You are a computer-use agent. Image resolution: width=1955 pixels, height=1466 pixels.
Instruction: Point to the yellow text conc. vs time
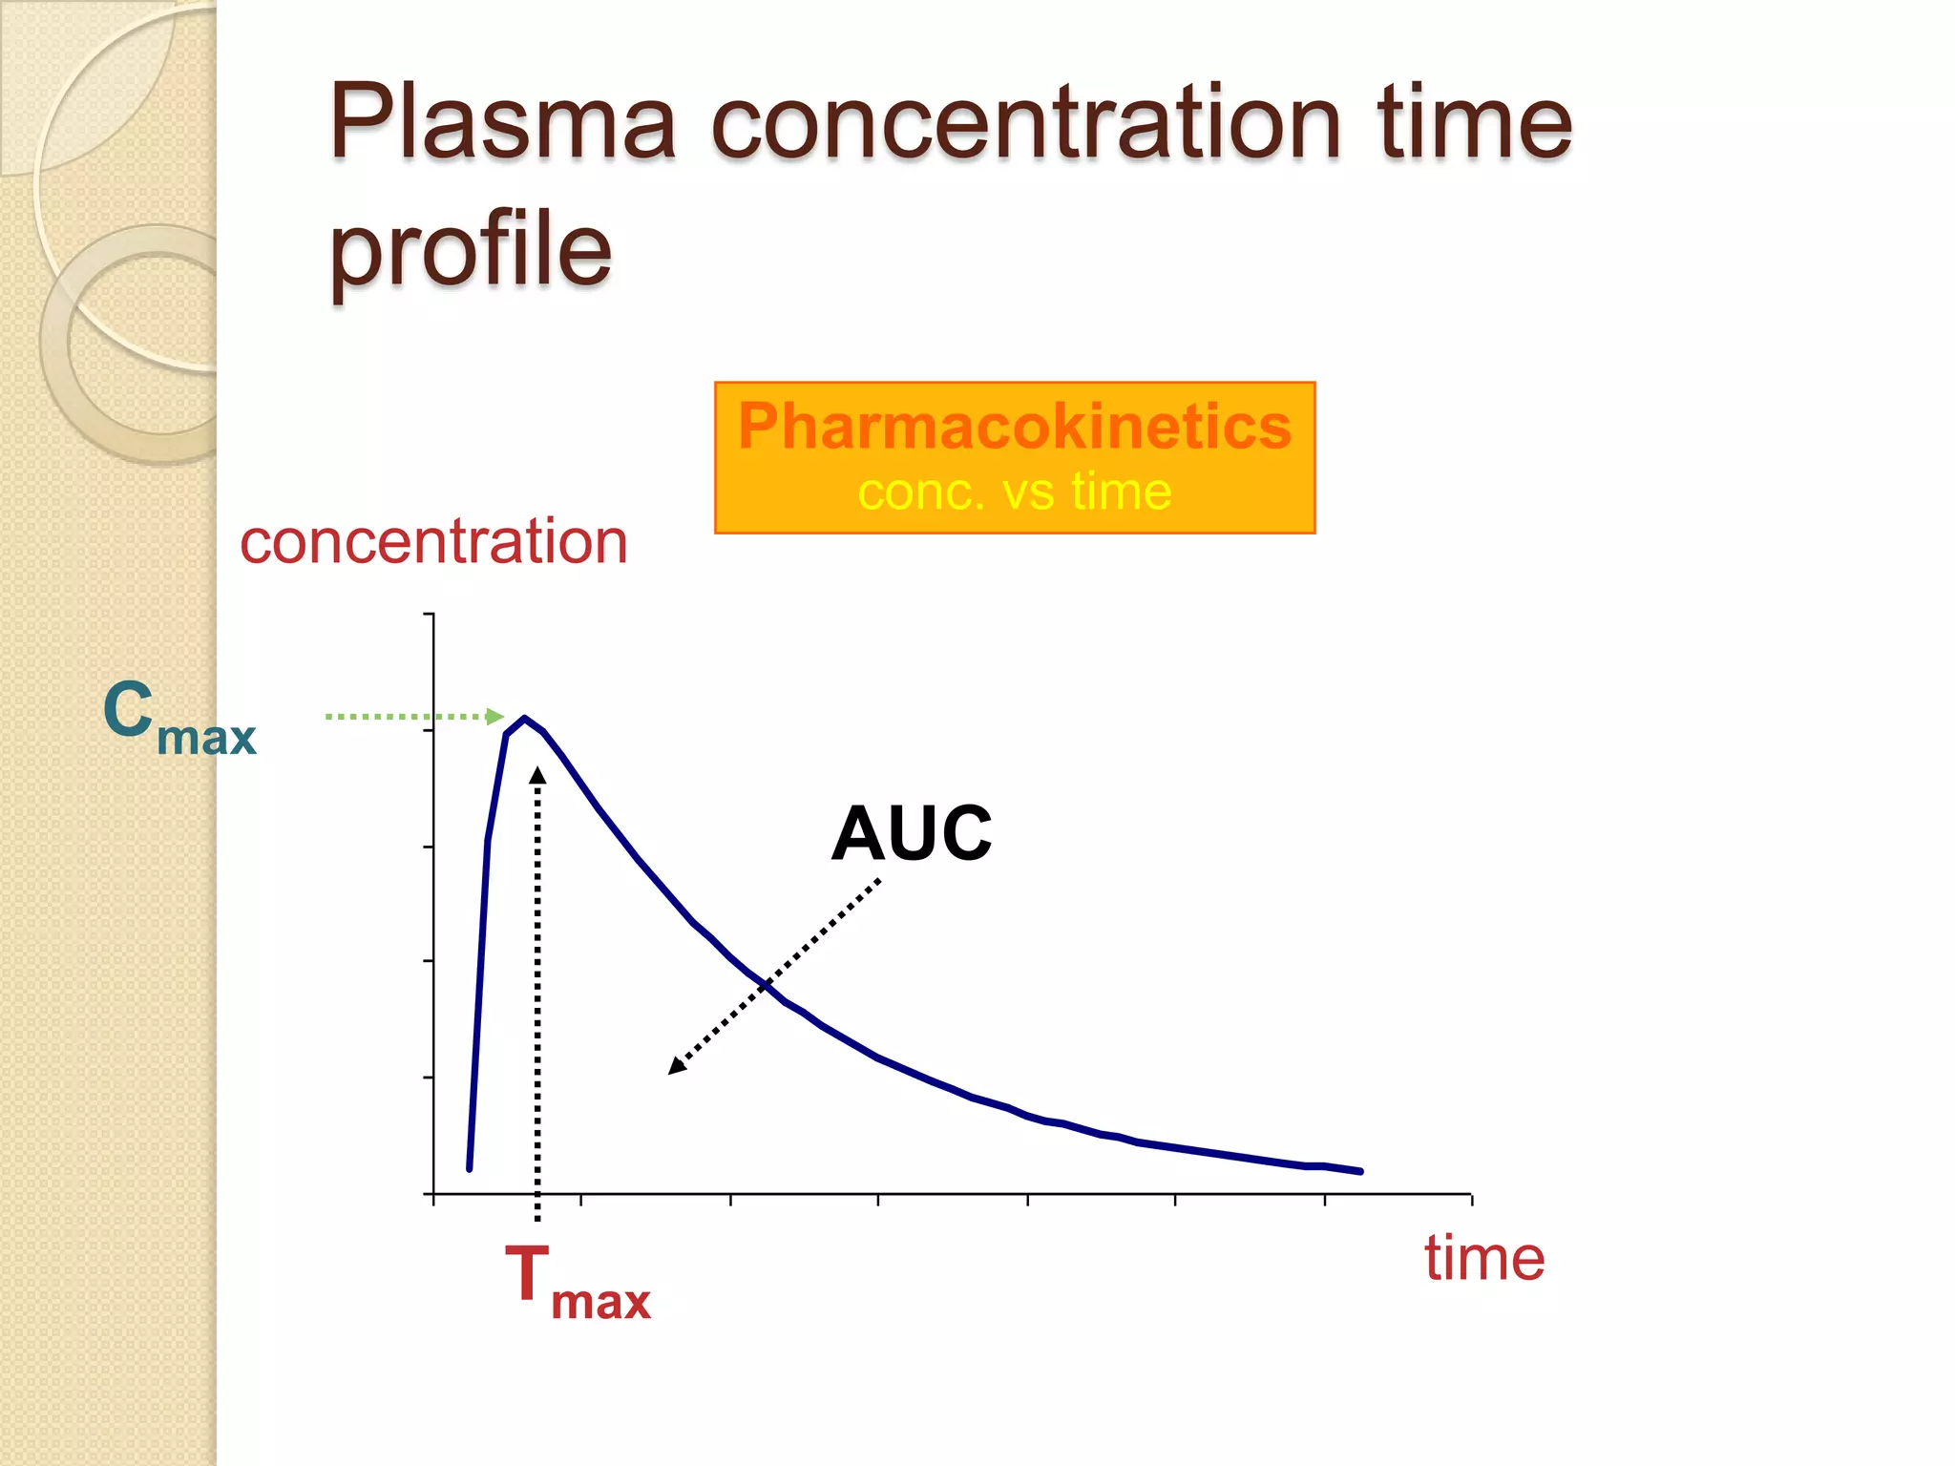click(1014, 492)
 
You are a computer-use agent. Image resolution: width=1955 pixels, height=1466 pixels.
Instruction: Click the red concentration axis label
click(433, 542)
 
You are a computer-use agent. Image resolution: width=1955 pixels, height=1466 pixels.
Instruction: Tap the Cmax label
click(179, 718)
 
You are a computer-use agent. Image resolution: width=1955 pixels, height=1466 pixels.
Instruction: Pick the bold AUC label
click(911, 833)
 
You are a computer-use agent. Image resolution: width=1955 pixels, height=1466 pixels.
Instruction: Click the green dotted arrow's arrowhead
click(495, 716)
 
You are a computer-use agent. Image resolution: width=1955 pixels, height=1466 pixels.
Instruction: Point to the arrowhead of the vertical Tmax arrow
click(537, 775)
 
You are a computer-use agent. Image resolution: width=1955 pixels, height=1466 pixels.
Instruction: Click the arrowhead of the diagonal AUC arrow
click(676, 1066)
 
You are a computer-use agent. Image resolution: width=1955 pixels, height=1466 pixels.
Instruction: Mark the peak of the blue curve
click(524, 718)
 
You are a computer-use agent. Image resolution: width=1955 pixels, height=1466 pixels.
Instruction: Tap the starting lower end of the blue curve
click(469, 1168)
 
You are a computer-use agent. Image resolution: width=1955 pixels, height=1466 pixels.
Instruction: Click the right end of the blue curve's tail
click(1360, 1171)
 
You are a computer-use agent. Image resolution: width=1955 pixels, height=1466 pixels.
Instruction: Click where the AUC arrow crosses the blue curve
click(766, 985)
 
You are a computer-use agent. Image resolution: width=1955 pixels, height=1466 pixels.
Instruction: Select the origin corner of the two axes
click(434, 1193)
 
